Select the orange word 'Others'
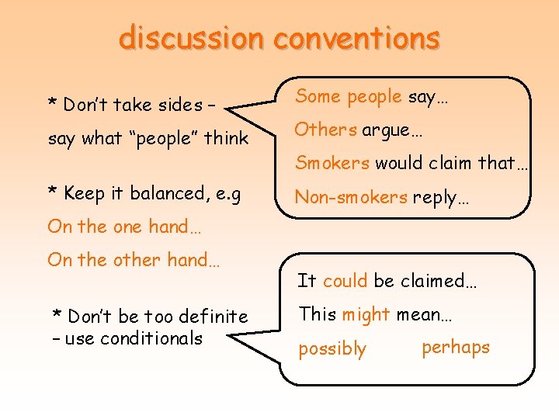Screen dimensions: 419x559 click(326, 130)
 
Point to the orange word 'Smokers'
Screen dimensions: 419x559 click(332, 163)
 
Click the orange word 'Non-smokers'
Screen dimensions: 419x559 click(351, 197)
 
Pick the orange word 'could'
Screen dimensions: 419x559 click(345, 281)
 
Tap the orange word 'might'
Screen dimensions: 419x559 click(365, 314)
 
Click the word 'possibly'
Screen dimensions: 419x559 click(332, 349)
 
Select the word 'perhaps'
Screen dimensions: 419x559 click(456, 347)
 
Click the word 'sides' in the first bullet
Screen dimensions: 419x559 click(181, 104)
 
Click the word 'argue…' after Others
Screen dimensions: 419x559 click(392, 130)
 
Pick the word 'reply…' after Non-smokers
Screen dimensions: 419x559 click(441, 197)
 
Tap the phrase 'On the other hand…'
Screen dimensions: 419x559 click(134, 260)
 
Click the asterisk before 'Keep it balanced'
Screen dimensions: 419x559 click(52, 192)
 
